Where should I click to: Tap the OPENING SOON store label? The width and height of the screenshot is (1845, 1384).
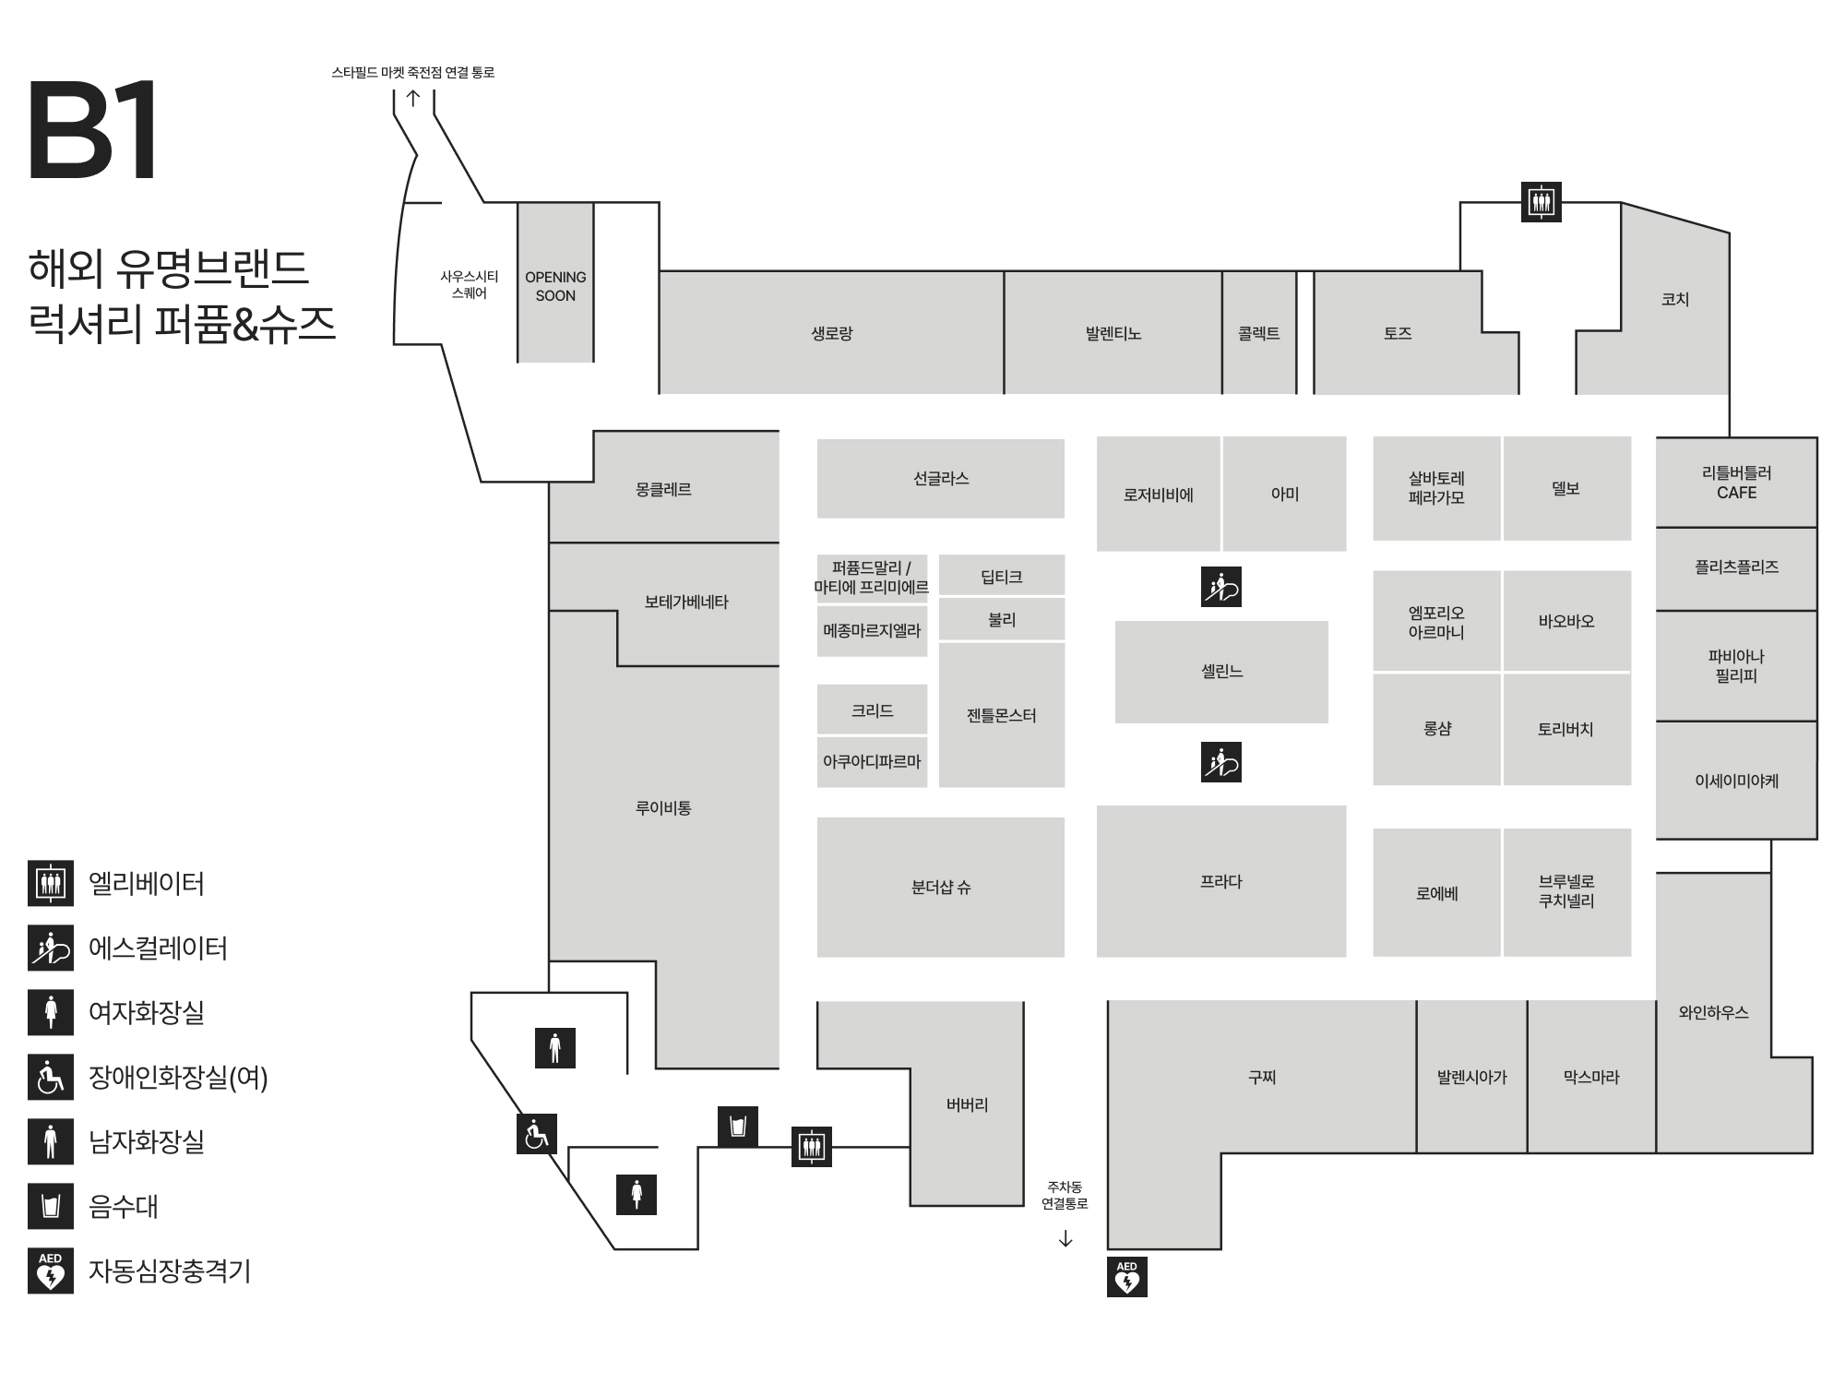[555, 286]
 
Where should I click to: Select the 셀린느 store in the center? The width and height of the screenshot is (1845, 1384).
[1221, 672]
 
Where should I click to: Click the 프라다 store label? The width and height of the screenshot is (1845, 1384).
[1220, 882]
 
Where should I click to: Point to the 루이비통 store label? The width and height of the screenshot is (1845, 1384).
[663, 808]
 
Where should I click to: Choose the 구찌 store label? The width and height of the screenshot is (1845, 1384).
[1261, 1077]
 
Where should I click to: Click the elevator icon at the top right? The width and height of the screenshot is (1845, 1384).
[1541, 201]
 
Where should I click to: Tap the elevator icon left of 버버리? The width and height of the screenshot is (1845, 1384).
[812, 1147]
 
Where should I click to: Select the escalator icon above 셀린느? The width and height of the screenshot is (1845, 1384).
[1221, 587]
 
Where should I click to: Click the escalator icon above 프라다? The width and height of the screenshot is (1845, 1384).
[1221, 762]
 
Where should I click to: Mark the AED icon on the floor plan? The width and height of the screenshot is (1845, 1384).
[1126, 1277]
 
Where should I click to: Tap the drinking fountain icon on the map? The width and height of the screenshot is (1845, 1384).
[737, 1127]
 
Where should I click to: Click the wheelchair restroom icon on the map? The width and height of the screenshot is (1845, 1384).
[536, 1133]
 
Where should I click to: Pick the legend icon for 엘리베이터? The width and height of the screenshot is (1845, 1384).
[51, 883]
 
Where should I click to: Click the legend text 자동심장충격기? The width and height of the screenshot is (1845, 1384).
[170, 1271]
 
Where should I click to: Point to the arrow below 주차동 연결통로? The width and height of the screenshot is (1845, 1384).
[1065, 1238]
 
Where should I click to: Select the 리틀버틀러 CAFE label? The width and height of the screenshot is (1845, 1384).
[1736, 483]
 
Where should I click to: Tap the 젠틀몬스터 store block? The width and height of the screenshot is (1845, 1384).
[1002, 715]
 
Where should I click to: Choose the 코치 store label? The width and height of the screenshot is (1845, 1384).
[1674, 299]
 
